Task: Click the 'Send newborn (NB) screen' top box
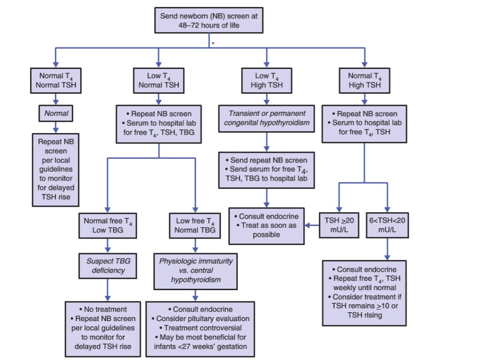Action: point(209,21)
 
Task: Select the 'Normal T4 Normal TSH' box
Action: point(56,80)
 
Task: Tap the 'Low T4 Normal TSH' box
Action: point(159,80)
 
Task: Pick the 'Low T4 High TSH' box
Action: point(267,80)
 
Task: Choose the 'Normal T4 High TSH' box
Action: point(364,80)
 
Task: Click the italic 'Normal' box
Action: point(56,113)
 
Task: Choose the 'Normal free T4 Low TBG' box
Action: point(108,225)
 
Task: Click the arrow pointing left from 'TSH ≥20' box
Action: point(311,225)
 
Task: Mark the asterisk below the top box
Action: point(213,43)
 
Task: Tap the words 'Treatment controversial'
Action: point(202,328)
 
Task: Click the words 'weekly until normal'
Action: point(364,287)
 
